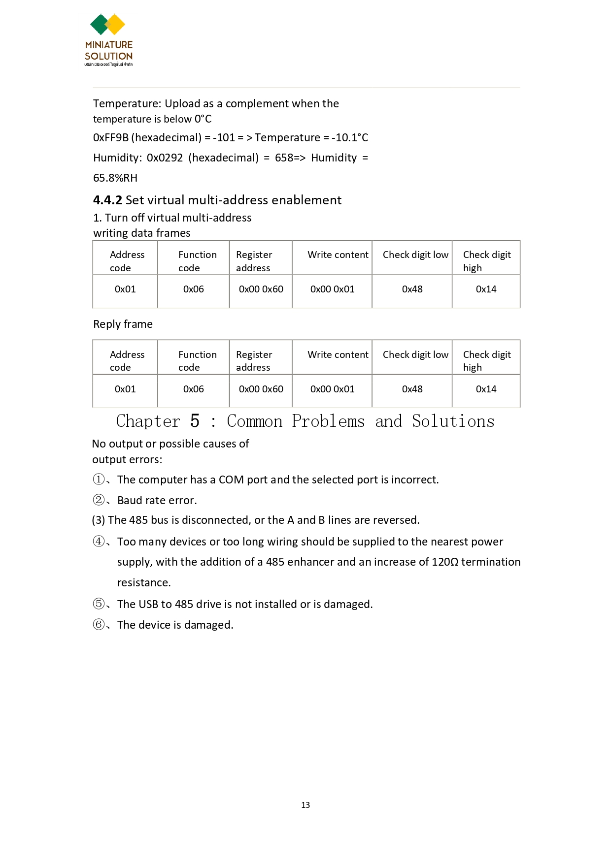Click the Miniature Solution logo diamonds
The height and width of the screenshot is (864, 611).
[107, 25]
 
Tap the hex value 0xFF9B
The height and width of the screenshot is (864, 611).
[111, 138]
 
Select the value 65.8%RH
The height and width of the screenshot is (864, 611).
[115, 178]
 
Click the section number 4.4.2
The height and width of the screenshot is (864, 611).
[107, 200]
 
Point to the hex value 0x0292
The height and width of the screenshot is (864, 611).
[165, 158]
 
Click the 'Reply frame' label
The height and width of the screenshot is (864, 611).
[123, 324]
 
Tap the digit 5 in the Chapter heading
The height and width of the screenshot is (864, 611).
[195, 421]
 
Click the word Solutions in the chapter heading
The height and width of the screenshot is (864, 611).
[453, 421]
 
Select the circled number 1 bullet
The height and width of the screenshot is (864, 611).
[99, 480]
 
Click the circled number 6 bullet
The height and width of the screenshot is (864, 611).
[99, 625]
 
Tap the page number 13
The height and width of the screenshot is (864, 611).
[305, 805]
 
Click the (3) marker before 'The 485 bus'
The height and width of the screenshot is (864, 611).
[99, 520]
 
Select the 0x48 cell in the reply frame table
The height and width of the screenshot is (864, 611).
[412, 389]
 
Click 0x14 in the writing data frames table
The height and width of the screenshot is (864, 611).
[486, 289]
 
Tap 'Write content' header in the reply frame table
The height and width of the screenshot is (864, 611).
[338, 355]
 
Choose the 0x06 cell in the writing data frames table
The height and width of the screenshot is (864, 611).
[193, 289]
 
